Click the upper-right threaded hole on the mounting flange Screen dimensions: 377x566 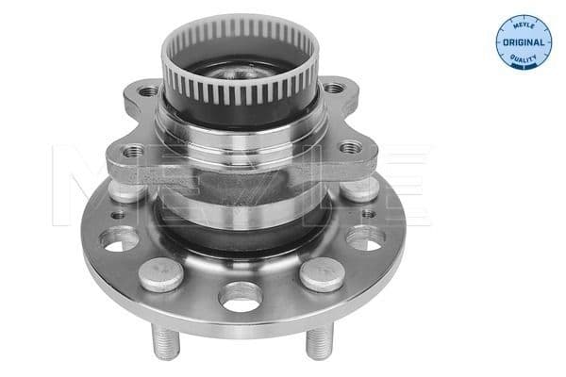click(x=333, y=90)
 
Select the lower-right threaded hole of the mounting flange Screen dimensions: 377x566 click(x=351, y=148)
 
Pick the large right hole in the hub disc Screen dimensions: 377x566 click(x=363, y=239)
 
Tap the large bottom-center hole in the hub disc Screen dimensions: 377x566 click(x=241, y=299)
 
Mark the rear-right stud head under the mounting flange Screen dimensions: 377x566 click(x=358, y=188)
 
